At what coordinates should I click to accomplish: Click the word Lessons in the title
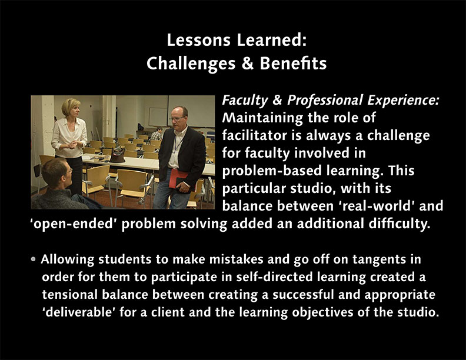point(199,40)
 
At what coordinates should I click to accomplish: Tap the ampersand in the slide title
point(248,64)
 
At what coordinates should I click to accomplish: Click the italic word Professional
point(325,101)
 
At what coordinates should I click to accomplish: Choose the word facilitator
point(254,135)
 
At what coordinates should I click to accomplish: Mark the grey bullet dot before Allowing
point(34,259)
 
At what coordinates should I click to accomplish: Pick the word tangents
point(377,259)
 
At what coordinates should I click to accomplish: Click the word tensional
point(69,295)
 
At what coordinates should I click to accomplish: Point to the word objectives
point(322,312)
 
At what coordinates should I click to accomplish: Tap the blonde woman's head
point(71,107)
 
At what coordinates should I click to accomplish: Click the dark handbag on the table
point(118,155)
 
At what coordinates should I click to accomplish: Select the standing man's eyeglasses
point(178,118)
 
